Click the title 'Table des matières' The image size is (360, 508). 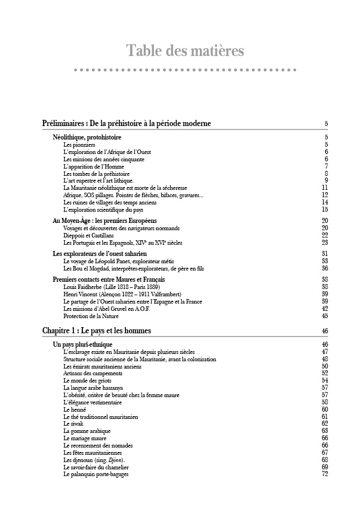pyautogui.click(x=185, y=51)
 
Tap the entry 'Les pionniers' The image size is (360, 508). pyautogui.click(x=79, y=145)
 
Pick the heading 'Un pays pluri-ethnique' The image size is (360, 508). pyautogui.click(x=82, y=344)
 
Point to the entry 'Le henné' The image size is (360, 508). pyautogui.click(x=75, y=409)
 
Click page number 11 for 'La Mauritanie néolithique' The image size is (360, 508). pyautogui.click(x=325, y=188)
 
